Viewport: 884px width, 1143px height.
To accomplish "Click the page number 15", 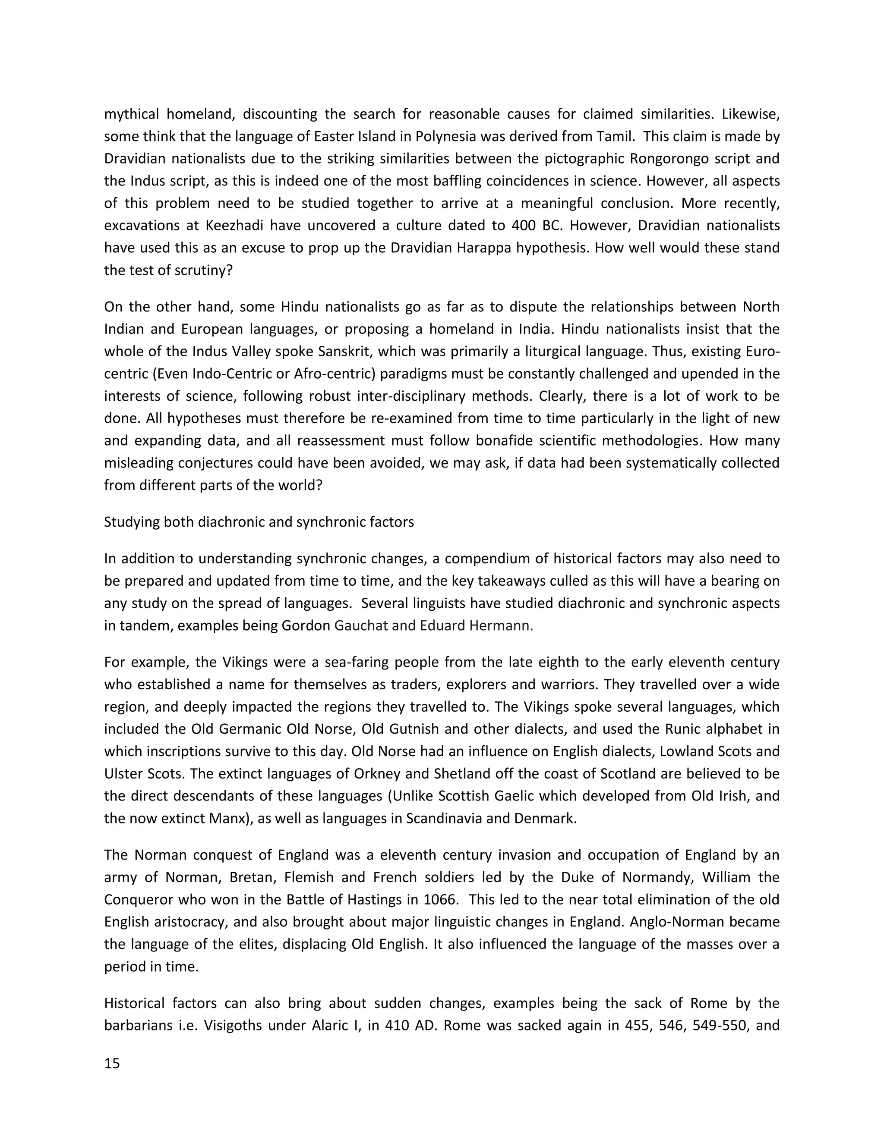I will point(112,1063).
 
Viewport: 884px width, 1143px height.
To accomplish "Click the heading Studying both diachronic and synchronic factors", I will point(259,522).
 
